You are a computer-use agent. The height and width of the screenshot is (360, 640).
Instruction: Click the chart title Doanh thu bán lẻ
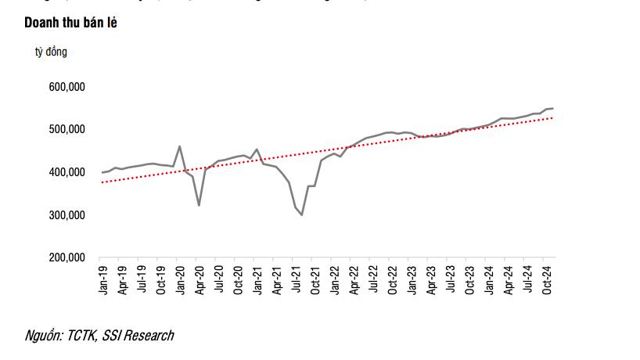tap(71, 23)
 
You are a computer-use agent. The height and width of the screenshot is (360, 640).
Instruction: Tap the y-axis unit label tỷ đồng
tap(51, 52)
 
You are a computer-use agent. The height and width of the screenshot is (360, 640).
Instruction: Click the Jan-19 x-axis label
tap(103, 279)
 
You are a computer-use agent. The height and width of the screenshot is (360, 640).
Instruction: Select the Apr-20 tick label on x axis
tap(200, 279)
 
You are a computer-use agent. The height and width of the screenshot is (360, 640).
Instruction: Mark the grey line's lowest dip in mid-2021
tap(302, 214)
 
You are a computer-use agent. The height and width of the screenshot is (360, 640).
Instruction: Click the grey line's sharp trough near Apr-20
tap(199, 205)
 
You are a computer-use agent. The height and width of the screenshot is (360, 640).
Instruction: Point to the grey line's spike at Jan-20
tap(180, 146)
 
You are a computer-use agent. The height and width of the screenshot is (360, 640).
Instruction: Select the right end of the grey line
tap(553, 108)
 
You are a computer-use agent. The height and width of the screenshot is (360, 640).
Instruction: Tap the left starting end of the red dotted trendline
tap(101, 182)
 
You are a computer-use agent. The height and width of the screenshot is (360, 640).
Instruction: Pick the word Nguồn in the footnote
tap(42, 336)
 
